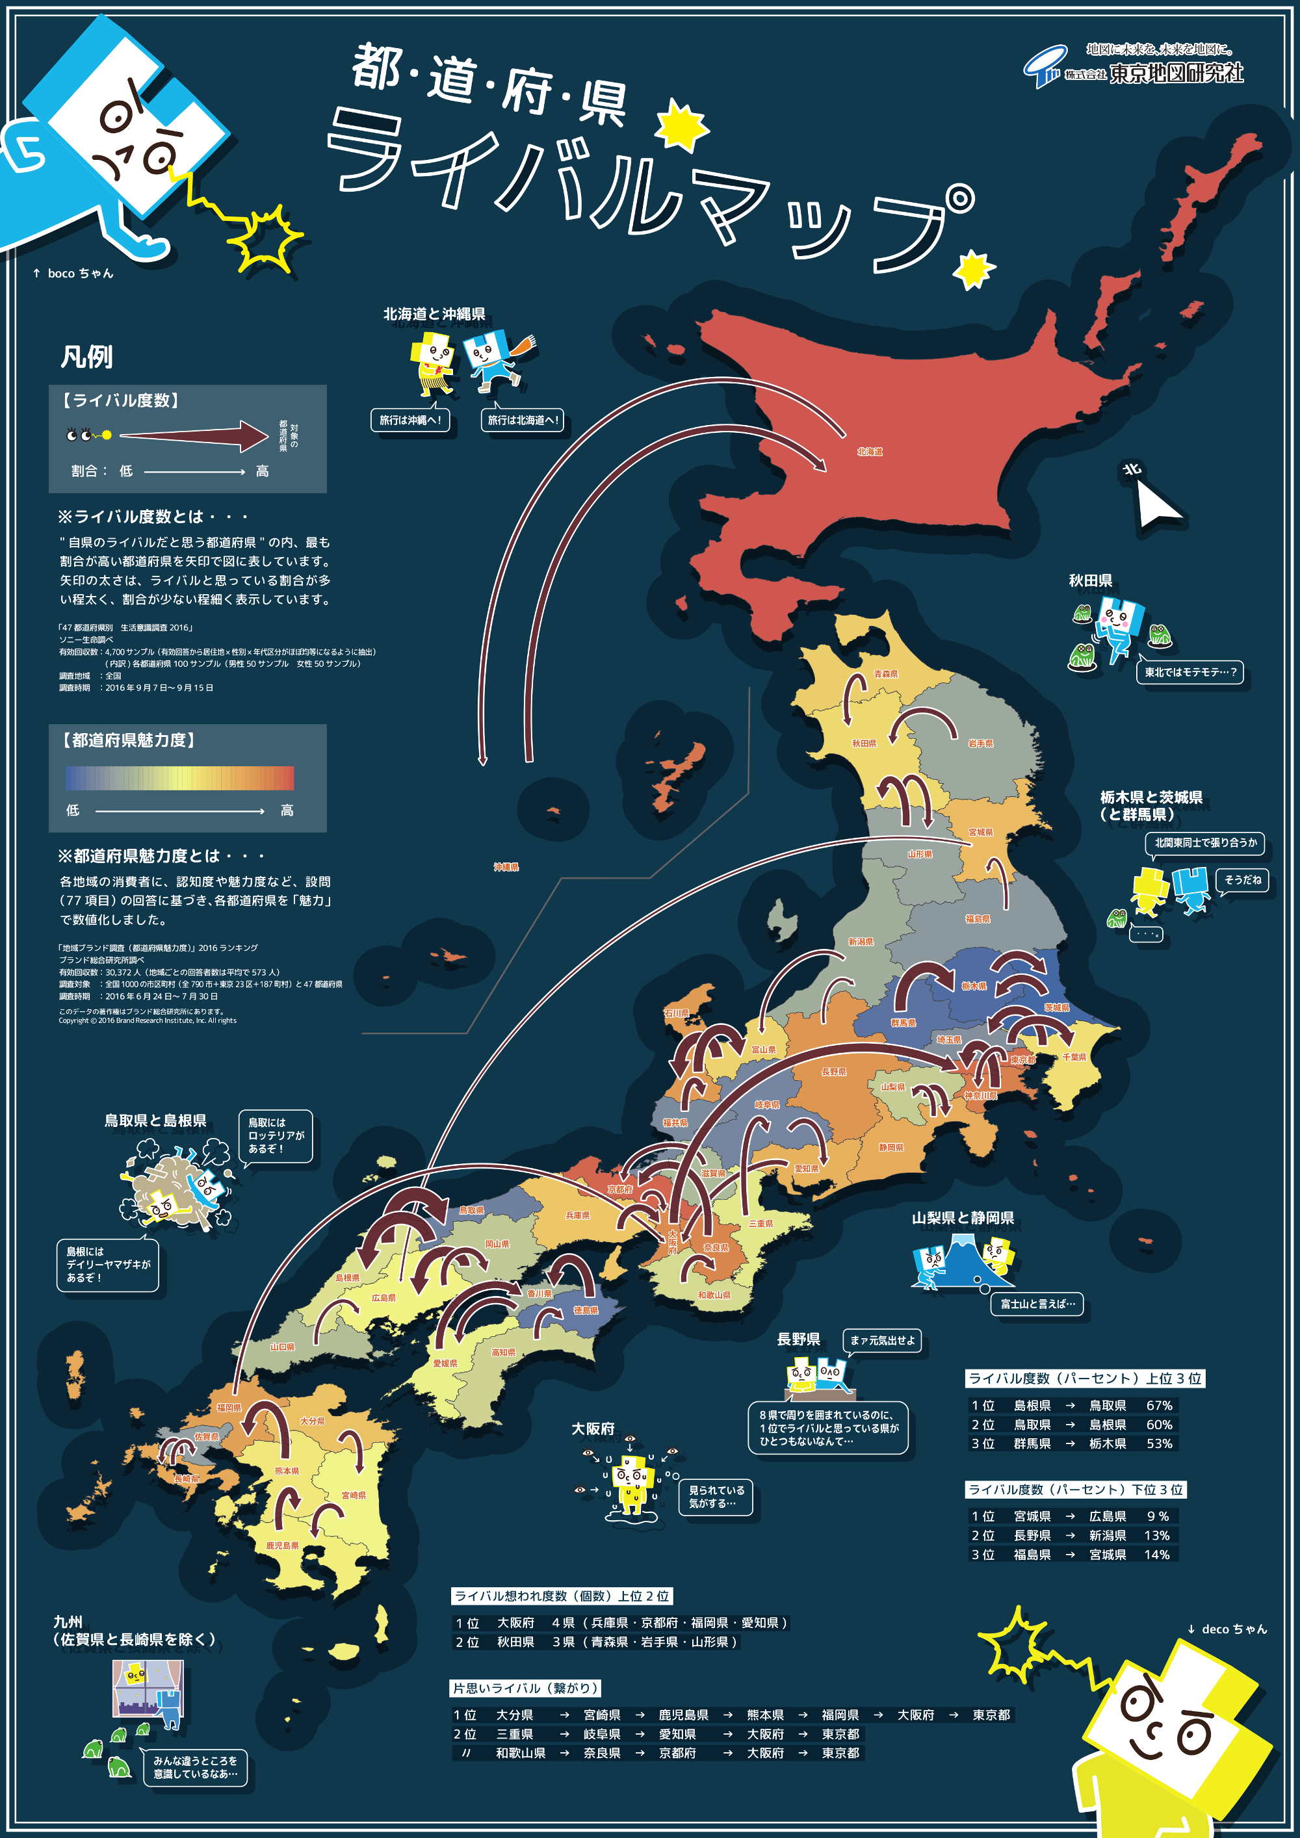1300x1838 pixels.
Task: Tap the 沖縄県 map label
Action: coord(506,867)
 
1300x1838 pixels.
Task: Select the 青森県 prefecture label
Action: coord(885,674)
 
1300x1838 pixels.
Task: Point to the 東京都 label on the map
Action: coord(1022,1060)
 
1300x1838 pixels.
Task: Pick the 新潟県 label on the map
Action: coord(861,942)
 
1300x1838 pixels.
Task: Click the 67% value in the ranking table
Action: coord(1159,1406)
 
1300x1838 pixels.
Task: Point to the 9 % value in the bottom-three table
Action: coord(1158,1516)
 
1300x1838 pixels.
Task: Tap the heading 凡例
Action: coord(86,357)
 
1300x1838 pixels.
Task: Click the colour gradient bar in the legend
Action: coord(179,778)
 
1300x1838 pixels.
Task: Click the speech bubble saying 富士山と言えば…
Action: coord(1037,1304)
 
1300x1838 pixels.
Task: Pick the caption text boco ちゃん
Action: coord(80,274)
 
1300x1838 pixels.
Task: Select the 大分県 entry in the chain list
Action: coord(514,1715)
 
